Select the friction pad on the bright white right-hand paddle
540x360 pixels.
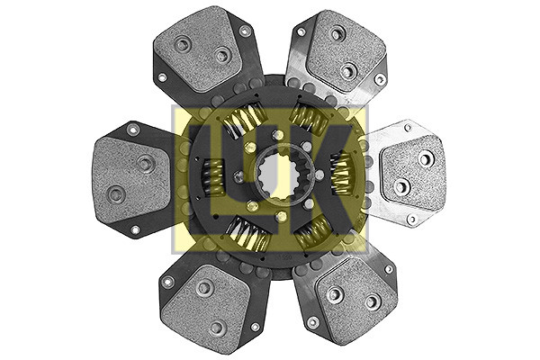click(x=412, y=174)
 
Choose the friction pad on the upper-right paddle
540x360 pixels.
click(x=346, y=51)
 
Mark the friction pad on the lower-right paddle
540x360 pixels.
click(x=356, y=300)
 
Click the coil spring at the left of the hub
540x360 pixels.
click(x=212, y=177)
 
